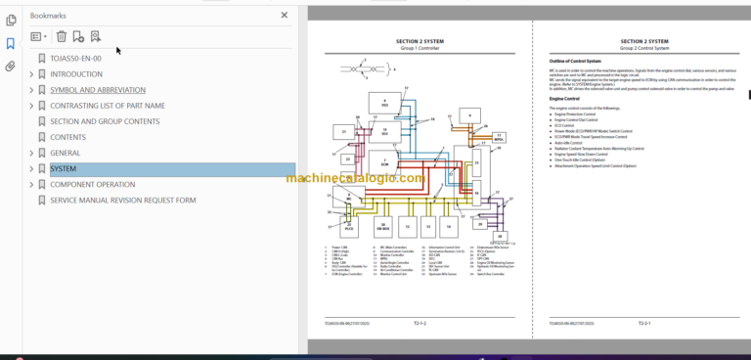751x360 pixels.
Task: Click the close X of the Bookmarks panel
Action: click(x=285, y=16)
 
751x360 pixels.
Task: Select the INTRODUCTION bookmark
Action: click(x=76, y=74)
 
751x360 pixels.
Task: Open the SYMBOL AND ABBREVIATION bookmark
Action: click(x=98, y=90)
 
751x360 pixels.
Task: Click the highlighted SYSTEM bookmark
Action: click(x=63, y=169)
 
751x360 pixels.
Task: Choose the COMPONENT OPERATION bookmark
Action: click(x=93, y=185)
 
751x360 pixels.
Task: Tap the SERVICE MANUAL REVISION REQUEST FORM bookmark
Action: click(x=122, y=201)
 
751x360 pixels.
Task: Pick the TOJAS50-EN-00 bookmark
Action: click(x=75, y=59)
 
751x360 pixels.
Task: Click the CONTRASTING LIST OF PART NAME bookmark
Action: click(x=108, y=106)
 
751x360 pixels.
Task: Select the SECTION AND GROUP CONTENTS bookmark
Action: click(x=105, y=121)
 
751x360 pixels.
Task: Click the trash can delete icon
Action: click(x=62, y=36)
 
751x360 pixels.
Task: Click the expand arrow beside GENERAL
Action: click(x=31, y=154)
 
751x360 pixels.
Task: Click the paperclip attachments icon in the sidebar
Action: click(x=11, y=67)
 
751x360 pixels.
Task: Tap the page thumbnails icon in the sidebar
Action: click(x=11, y=20)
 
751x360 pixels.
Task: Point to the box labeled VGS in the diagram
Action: click(x=384, y=104)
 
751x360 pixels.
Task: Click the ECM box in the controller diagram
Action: click(x=384, y=162)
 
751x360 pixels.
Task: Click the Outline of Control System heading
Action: click(x=575, y=62)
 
